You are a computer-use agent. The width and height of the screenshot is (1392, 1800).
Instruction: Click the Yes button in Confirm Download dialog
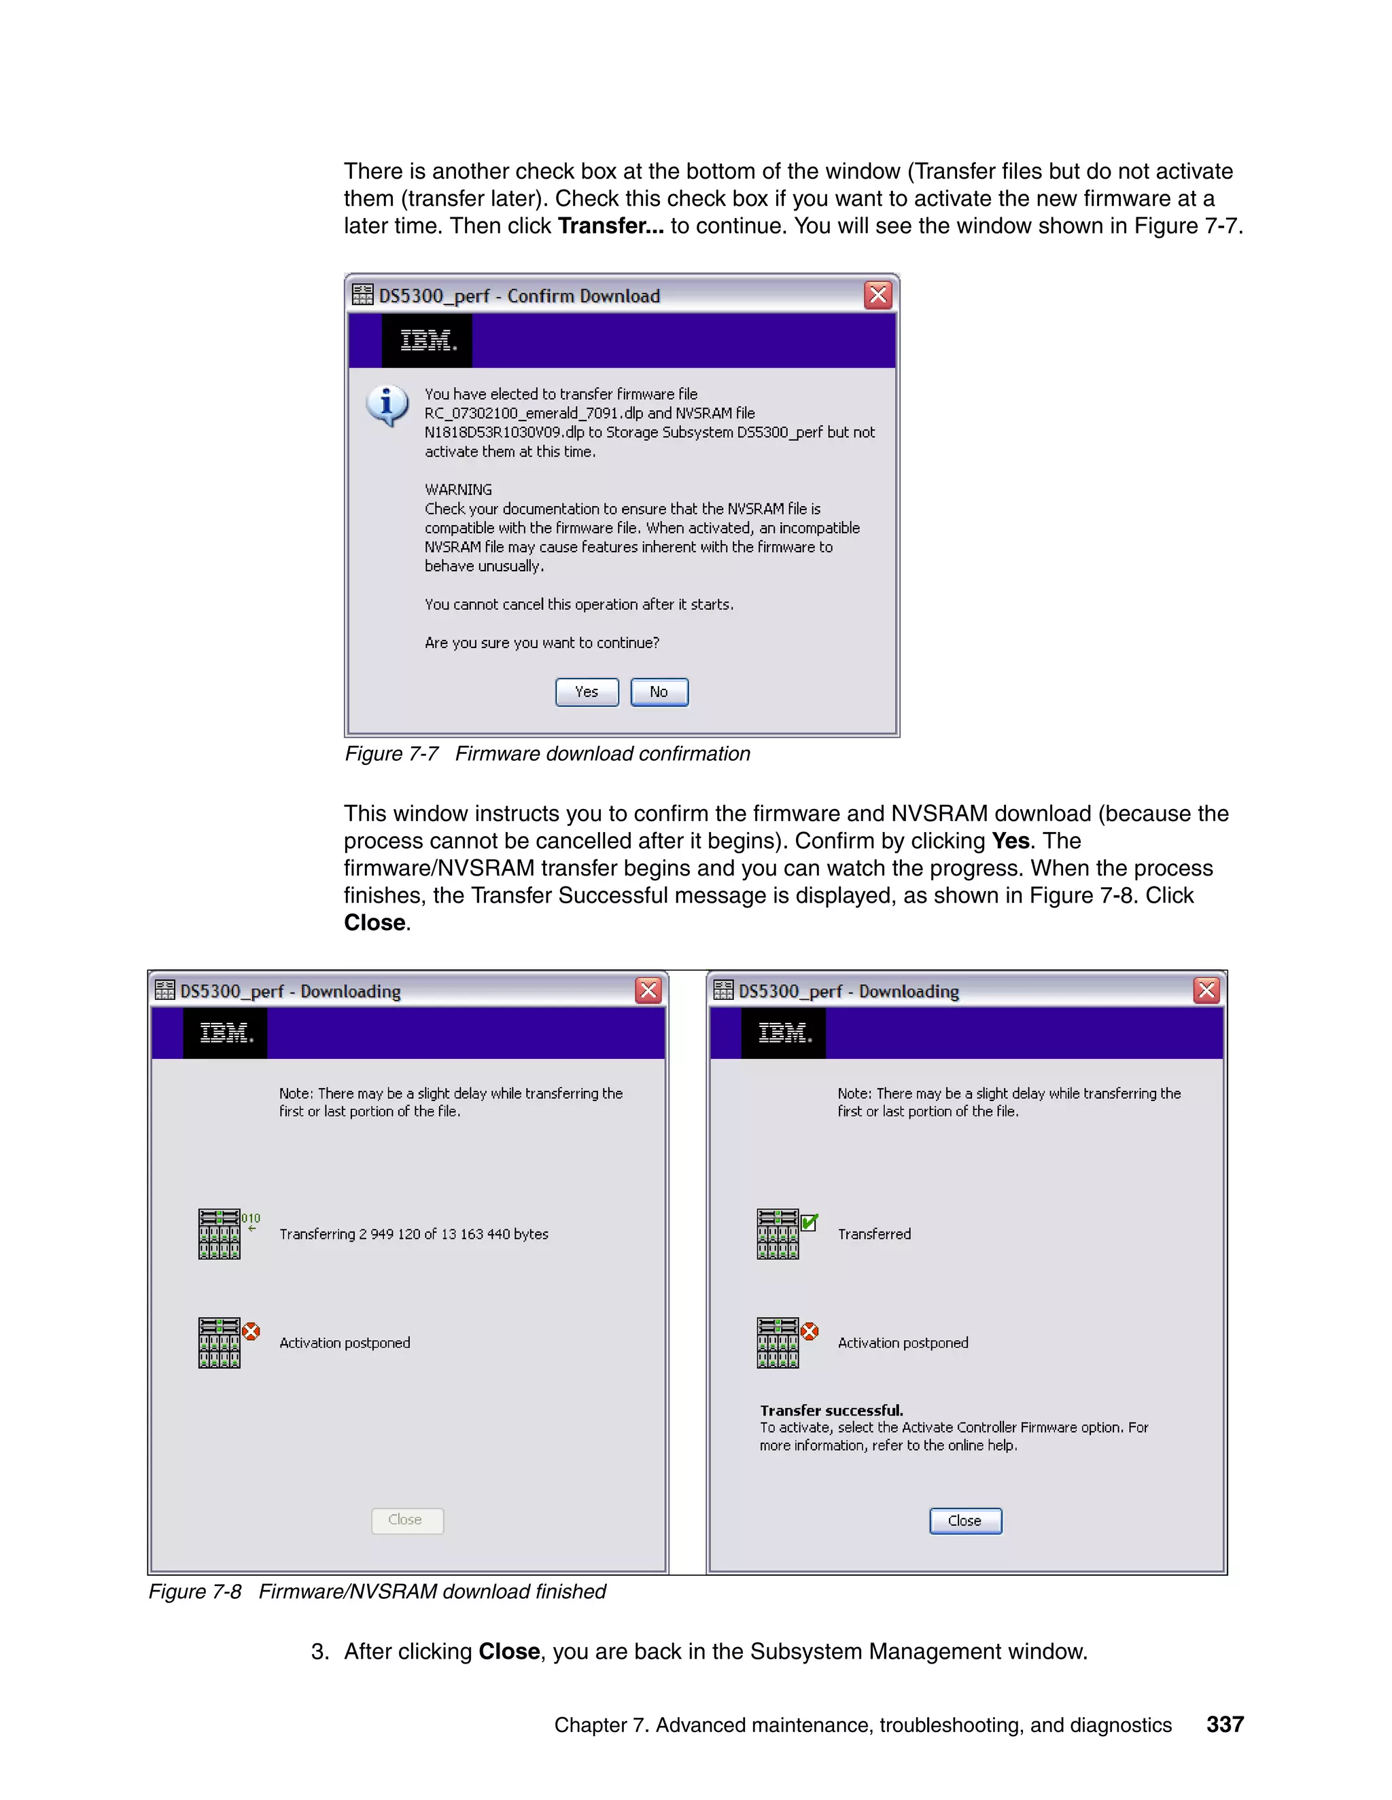point(587,692)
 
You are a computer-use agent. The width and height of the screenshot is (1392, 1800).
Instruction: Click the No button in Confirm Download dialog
point(659,692)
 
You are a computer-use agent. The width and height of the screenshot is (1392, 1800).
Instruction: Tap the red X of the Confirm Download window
point(878,295)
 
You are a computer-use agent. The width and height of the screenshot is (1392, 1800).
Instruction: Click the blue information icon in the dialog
point(387,405)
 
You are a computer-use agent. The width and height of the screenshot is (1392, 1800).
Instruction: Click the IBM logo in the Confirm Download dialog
point(427,340)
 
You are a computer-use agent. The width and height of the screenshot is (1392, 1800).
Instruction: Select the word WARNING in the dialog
point(459,490)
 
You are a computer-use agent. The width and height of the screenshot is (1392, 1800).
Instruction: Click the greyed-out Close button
point(406,1519)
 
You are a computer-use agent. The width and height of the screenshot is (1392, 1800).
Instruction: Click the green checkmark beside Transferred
point(810,1221)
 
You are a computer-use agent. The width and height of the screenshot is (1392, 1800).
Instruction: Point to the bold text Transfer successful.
point(831,1410)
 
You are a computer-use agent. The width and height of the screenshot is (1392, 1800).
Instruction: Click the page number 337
point(1225,1724)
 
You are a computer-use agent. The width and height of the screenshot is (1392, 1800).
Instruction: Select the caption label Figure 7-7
point(391,754)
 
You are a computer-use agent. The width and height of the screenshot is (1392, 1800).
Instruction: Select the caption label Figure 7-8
point(194,1591)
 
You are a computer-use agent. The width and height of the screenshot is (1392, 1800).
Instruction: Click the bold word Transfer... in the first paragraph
point(610,226)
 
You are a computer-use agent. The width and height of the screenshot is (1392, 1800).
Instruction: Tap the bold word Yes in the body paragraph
point(1010,841)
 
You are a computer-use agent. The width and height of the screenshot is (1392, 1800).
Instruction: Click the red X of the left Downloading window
point(649,990)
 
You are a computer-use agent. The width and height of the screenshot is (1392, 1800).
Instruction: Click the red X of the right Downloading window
point(1206,990)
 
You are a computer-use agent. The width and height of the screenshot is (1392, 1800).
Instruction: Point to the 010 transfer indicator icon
point(251,1221)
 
